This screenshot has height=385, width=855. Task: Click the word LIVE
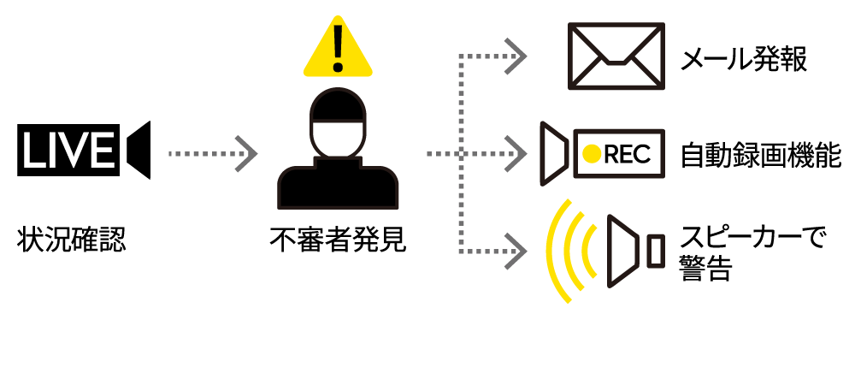click(68, 152)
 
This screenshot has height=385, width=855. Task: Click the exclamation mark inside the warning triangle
click(338, 47)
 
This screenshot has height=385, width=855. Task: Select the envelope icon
click(616, 56)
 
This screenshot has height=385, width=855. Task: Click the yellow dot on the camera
click(592, 154)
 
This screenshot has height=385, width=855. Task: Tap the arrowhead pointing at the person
click(246, 154)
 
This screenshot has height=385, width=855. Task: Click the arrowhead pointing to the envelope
click(516, 56)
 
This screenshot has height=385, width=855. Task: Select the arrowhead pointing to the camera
click(516, 154)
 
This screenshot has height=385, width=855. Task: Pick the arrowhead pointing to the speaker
click(516, 252)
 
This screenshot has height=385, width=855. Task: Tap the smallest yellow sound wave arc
click(587, 252)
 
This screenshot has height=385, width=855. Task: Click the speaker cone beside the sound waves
click(622, 252)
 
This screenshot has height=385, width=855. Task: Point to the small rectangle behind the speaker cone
click(656, 252)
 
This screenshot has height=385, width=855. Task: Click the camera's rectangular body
click(633, 154)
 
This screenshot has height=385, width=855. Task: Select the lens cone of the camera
click(553, 154)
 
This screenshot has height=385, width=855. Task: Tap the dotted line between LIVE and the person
click(201, 154)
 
